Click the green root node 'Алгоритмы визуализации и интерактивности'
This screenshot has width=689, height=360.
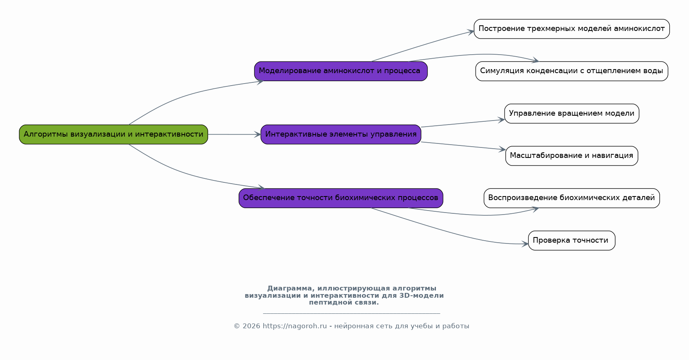[113, 134]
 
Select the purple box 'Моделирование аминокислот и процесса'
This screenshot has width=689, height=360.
[341, 71]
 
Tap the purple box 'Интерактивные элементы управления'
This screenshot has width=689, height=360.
[341, 134]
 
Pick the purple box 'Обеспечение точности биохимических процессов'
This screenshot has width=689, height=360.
[341, 198]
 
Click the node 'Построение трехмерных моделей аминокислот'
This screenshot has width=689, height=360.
[572, 29]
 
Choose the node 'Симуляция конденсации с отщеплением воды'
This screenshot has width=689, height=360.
[572, 71]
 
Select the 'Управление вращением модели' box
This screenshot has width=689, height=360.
[572, 113]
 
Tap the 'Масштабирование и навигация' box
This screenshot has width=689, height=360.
[572, 155]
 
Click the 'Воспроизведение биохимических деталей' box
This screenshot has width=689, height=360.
[572, 198]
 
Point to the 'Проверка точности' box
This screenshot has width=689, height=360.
[572, 240]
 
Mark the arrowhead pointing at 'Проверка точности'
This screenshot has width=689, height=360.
[525, 244]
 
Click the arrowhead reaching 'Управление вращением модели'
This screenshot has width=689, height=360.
[501, 120]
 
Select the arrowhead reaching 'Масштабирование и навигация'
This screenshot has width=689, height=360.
[502, 149]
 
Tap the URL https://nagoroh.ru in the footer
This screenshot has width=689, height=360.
[295, 326]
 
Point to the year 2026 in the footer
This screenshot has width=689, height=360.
[251, 326]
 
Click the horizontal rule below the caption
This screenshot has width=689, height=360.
[352, 313]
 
